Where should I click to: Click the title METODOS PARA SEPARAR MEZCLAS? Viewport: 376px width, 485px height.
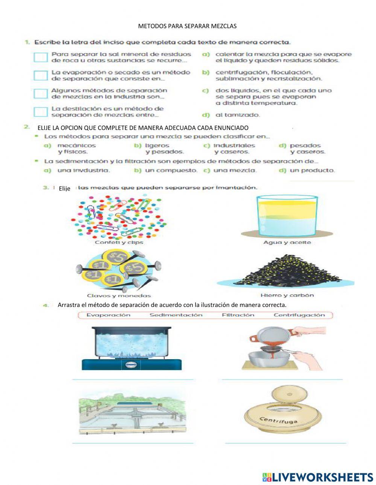(187, 26)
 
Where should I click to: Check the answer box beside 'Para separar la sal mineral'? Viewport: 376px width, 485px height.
(41, 57)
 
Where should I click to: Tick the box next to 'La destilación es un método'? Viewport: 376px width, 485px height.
(41, 112)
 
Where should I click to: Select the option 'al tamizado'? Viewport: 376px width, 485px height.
(237, 115)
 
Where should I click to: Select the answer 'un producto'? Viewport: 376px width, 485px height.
(312, 170)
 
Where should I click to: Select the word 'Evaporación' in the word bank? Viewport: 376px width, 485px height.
(108, 315)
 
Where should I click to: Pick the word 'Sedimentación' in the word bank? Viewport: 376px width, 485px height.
(176, 315)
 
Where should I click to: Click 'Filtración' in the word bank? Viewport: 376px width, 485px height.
(238, 315)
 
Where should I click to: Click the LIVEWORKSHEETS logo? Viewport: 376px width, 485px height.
(317, 477)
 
